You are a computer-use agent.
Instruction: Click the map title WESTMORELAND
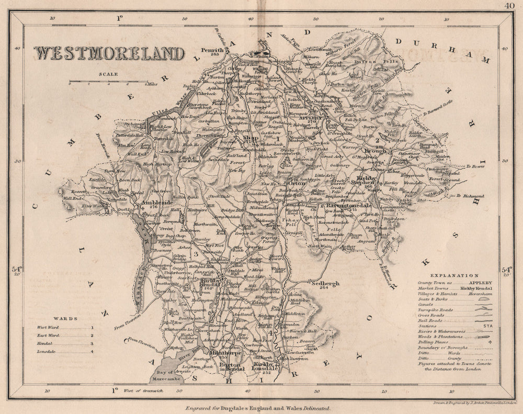109,54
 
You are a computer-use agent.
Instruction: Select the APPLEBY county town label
314,118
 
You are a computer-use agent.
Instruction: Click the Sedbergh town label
311,283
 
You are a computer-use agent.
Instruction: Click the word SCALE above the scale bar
111,74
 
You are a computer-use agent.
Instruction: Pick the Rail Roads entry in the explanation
430,319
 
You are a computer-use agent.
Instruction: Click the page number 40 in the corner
509,6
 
